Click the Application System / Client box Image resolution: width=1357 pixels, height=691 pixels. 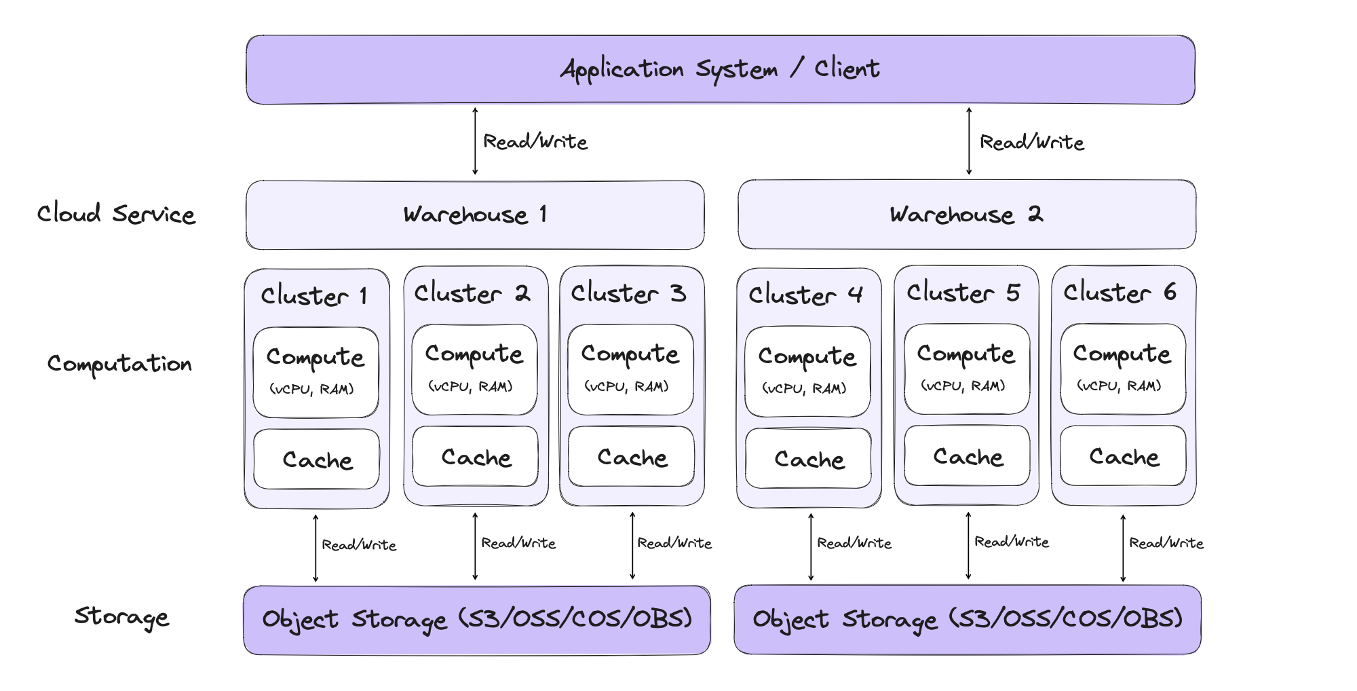[x=720, y=69]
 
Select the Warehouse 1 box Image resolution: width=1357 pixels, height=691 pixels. [x=475, y=215]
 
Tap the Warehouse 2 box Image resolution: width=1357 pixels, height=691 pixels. [x=967, y=214]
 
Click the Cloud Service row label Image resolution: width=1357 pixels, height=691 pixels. [x=116, y=214]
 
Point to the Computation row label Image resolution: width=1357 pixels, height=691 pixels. [x=119, y=364]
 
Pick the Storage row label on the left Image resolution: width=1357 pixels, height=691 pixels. [x=121, y=616]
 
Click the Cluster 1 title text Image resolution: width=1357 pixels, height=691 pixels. [x=315, y=296]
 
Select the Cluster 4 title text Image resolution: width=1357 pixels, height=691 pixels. [x=806, y=295]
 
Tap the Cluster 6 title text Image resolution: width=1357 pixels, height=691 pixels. [x=1120, y=293]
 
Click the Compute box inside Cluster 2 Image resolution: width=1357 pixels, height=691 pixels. [x=474, y=369]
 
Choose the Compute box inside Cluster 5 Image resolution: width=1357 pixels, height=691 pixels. [x=966, y=369]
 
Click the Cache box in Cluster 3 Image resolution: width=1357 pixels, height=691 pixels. [x=632, y=457]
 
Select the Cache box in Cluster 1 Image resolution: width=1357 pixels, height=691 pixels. [x=317, y=460]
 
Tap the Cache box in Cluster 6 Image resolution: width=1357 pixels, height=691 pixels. [x=1124, y=456]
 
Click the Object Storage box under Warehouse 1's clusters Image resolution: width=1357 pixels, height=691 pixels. [x=476, y=620]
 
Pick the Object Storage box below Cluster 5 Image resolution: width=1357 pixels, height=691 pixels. [x=967, y=619]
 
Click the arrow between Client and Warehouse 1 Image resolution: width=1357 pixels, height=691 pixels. [x=475, y=141]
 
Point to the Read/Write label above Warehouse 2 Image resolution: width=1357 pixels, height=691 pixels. [x=1031, y=143]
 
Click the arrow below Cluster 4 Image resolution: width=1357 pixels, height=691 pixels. [x=811, y=547]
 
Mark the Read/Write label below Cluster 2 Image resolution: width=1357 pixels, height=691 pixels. [x=518, y=543]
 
